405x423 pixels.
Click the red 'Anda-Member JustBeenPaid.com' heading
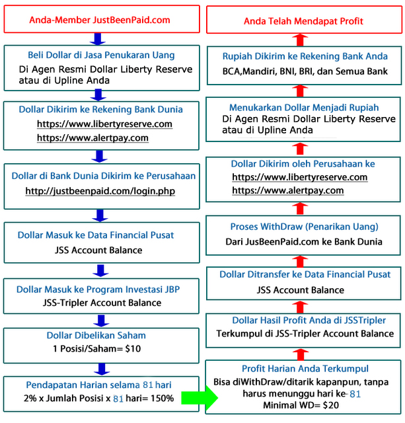click(99, 20)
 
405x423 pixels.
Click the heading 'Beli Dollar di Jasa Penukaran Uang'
click(99, 55)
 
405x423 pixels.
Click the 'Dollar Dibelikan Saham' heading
click(96, 335)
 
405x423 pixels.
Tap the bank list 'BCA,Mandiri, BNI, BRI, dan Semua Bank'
click(303, 70)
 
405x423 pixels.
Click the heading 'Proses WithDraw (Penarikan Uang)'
click(304, 227)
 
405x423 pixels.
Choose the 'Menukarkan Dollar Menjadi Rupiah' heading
click(304, 107)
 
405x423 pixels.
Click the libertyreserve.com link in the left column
click(104, 124)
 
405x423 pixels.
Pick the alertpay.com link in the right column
click(288, 190)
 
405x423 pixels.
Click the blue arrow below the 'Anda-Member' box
click(99, 37)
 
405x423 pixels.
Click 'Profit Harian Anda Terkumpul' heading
click(304, 368)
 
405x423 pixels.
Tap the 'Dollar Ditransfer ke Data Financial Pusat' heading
click(304, 274)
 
